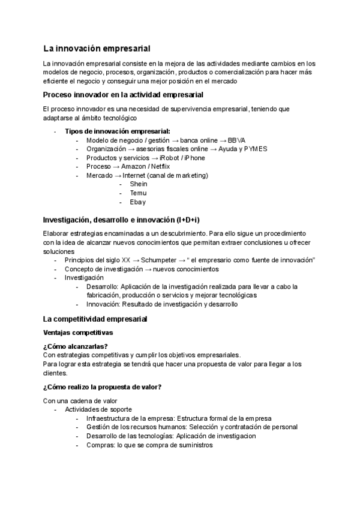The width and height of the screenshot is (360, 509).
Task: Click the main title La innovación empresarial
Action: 97,48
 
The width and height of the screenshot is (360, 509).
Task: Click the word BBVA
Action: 236,140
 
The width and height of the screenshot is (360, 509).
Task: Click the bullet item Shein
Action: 138,184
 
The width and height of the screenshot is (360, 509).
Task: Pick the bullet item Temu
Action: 138,193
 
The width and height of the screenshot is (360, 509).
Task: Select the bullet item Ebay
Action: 137,202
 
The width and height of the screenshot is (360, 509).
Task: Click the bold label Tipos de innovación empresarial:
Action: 118,131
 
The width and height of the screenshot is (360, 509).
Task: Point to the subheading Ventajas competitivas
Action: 77,332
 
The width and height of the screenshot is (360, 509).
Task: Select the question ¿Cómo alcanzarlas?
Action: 76,346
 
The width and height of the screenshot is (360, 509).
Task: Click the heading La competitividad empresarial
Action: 95,319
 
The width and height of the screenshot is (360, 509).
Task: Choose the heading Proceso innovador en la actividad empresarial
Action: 123,95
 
